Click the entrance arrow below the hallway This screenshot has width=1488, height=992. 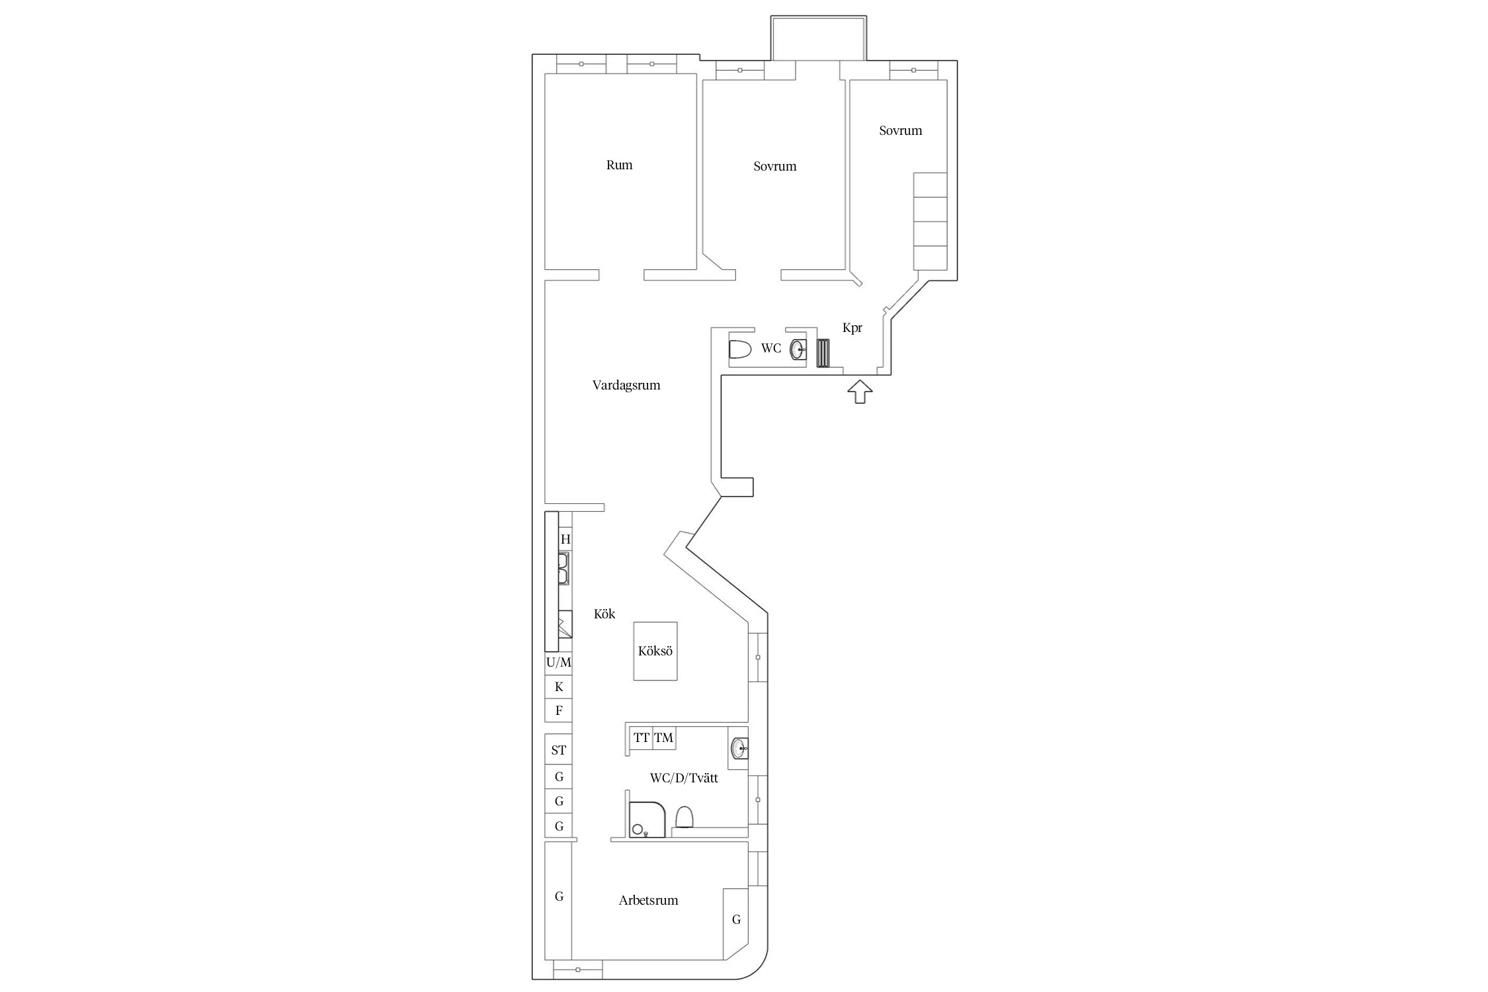(x=859, y=392)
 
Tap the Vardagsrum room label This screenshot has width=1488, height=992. (x=626, y=386)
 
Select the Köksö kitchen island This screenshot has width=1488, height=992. (x=655, y=651)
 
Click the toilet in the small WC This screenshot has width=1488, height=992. (x=740, y=349)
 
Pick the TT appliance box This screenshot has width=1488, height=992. (x=641, y=738)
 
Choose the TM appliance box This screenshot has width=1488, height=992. (x=664, y=738)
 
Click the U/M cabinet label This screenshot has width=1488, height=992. (x=559, y=662)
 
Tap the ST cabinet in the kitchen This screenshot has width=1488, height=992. (x=558, y=751)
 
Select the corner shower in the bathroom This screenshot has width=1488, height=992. (x=647, y=820)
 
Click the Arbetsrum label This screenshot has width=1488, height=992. (x=648, y=900)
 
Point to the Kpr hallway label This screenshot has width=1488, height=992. (x=852, y=328)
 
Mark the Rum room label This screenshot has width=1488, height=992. (x=619, y=165)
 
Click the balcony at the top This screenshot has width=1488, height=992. (x=819, y=38)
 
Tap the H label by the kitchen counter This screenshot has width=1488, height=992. (x=565, y=540)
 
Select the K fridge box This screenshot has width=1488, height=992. (x=558, y=687)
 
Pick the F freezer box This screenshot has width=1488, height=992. (x=558, y=711)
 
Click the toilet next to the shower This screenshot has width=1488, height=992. (x=684, y=817)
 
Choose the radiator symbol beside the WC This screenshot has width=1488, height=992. (x=823, y=352)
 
